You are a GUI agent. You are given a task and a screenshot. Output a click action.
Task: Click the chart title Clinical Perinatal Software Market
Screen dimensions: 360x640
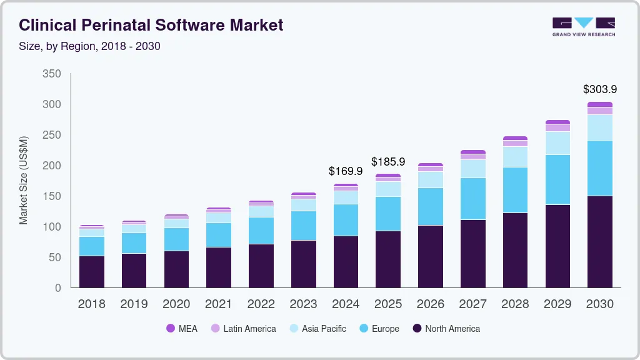point(151,25)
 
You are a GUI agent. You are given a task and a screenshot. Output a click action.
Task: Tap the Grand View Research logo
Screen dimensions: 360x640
point(583,27)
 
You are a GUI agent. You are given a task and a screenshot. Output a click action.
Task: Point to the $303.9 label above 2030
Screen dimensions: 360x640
point(599,89)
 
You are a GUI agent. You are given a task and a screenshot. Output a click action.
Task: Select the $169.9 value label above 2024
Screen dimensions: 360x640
point(346,171)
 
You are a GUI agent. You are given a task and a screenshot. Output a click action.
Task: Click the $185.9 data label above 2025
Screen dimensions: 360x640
point(388,161)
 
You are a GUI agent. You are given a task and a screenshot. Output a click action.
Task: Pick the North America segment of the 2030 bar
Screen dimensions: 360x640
point(599,242)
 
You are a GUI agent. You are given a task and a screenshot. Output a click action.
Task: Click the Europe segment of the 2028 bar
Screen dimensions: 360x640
point(515,190)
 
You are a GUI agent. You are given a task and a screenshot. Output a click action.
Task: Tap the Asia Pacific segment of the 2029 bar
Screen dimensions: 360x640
point(557,143)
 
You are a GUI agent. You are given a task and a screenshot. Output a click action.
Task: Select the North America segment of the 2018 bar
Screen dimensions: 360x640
point(92,272)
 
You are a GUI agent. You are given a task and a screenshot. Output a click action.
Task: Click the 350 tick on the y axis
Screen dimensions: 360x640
point(52,74)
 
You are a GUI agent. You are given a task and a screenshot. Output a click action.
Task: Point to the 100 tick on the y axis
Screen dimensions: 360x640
point(52,227)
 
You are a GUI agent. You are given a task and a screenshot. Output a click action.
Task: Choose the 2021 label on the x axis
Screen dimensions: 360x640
point(219,304)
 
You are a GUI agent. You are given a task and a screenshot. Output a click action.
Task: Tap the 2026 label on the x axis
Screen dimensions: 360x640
point(430,304)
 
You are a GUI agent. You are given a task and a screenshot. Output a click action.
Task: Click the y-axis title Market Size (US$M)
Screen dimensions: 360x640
point(24,179)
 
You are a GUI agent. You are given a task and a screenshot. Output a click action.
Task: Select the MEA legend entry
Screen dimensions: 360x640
point(182,329)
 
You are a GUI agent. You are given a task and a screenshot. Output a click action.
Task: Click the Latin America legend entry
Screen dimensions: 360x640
point(243,329)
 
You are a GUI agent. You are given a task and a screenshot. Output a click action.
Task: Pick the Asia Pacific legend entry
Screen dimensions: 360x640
point(317,329)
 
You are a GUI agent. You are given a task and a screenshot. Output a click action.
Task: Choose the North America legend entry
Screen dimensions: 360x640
point(446,329)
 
